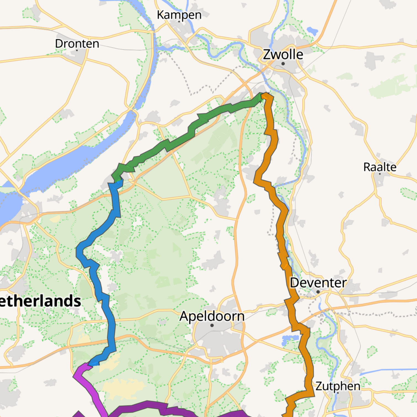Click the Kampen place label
click(179, 15)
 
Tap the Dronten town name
click(77, 44)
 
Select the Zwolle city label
click(283, 54)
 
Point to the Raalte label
click(380, 167)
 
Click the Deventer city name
click(318, 283)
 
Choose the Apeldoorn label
click(212, 316)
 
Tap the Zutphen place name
click(338, 386)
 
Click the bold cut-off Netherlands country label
click(40, 301)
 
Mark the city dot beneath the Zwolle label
click(283, 64)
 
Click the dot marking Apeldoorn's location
click(212, 325)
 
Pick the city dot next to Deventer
click(318, 292)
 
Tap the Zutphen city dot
click(338, 393)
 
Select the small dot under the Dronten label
click(77, 50)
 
